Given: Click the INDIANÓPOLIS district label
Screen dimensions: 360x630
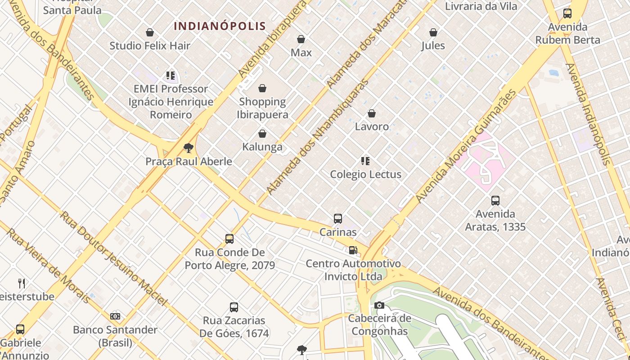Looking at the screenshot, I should point(220,26).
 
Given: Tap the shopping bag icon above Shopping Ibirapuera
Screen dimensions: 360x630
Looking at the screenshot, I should point(262,88).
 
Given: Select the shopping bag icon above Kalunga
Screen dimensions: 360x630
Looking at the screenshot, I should point(262,134).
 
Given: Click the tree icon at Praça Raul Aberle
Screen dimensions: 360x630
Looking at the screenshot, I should point(189,148).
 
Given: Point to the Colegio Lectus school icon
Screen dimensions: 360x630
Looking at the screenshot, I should point(365,161).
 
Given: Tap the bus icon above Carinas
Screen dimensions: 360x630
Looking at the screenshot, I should point(338,219).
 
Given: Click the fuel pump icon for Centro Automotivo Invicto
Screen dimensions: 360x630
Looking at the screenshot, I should point(353,250).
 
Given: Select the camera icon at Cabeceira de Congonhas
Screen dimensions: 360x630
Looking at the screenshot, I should point(379,306).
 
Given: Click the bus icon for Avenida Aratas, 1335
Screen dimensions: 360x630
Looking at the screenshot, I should point(495,201).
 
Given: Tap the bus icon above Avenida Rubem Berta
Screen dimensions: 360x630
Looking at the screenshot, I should point(567,13).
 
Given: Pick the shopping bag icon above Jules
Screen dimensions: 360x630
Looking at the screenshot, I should point(433,32).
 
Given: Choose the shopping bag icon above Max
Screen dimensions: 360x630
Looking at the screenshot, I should point(301,40).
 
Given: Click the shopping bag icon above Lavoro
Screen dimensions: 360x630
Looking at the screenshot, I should point(372,113).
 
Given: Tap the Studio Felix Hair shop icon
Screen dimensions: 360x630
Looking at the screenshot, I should point(150,32).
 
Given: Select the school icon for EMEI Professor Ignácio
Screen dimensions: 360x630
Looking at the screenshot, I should point(170,76).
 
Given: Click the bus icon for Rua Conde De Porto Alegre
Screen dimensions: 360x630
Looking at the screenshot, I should point(229,239).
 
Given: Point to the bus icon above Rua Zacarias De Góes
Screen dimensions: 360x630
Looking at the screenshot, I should point(234,307).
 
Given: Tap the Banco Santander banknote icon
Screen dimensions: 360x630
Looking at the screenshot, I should point(115,316).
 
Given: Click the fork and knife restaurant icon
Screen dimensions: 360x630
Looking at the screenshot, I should point(22,283).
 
